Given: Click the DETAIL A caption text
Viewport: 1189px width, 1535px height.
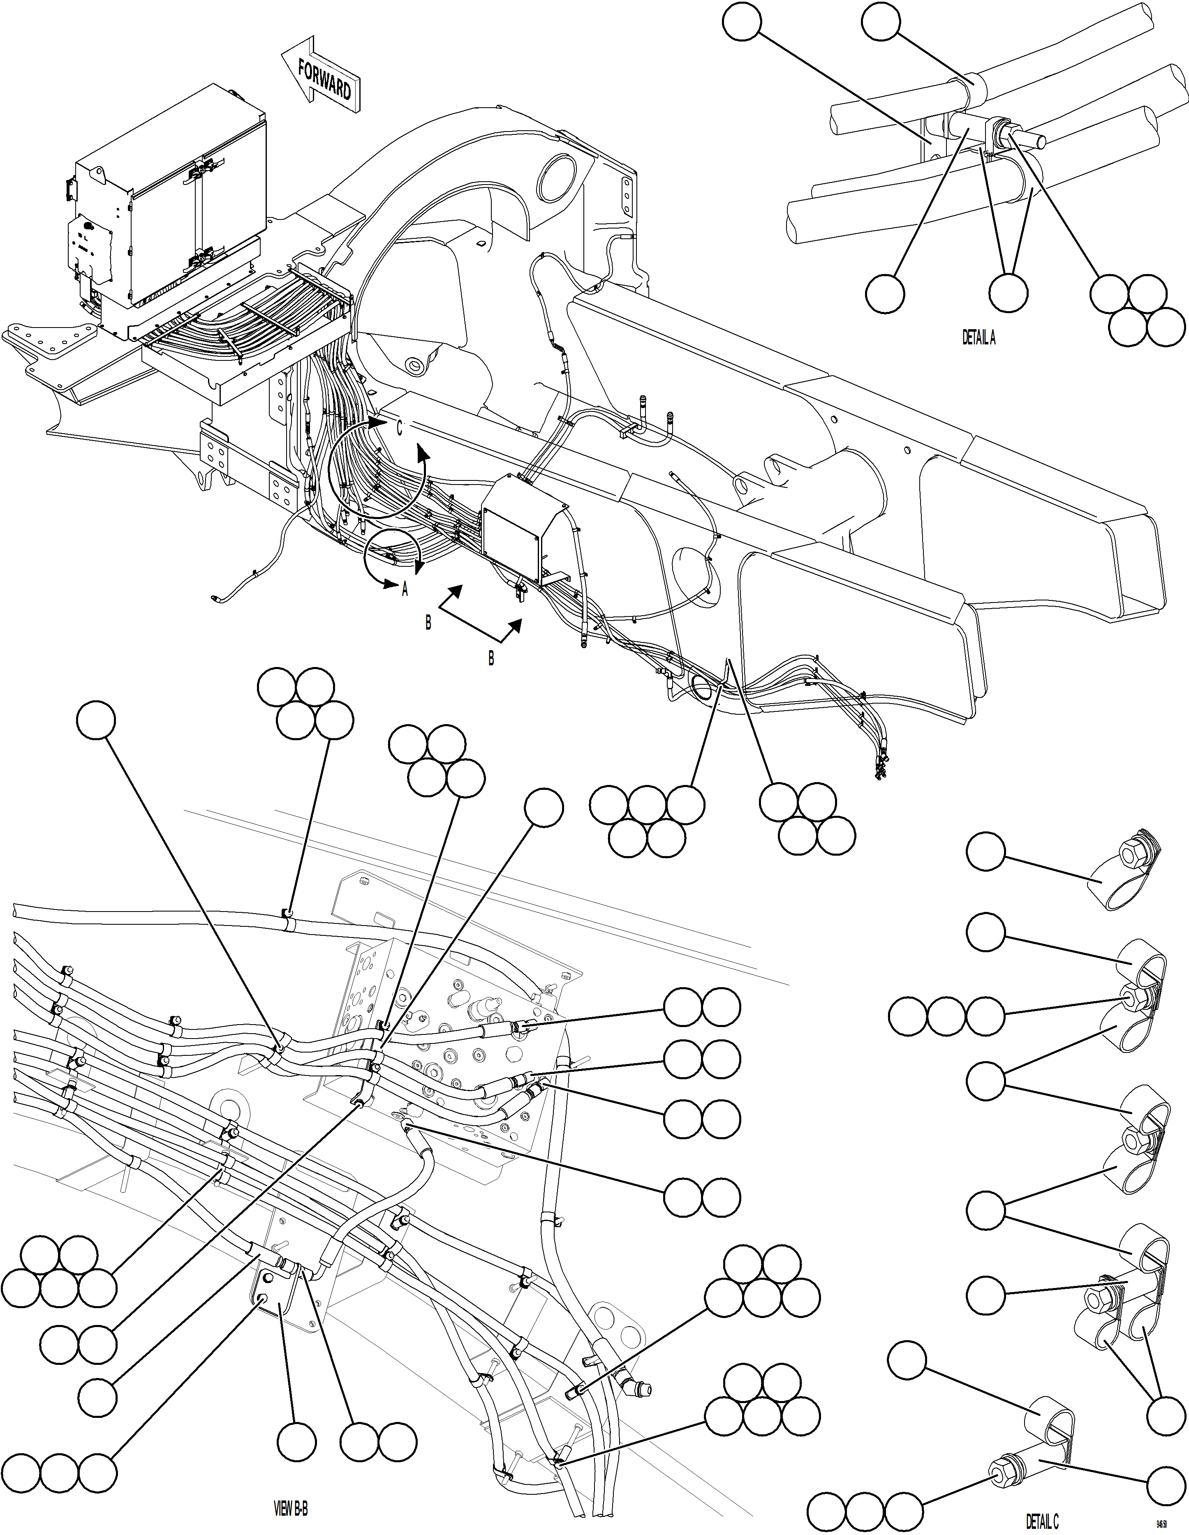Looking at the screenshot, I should click(978, 338).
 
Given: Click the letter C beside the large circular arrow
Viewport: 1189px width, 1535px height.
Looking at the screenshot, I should click(399, 427).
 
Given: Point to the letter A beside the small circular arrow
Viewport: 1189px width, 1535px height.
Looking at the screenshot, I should click(404, 591).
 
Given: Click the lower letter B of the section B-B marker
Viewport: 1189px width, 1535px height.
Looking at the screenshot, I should click(491, 658).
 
